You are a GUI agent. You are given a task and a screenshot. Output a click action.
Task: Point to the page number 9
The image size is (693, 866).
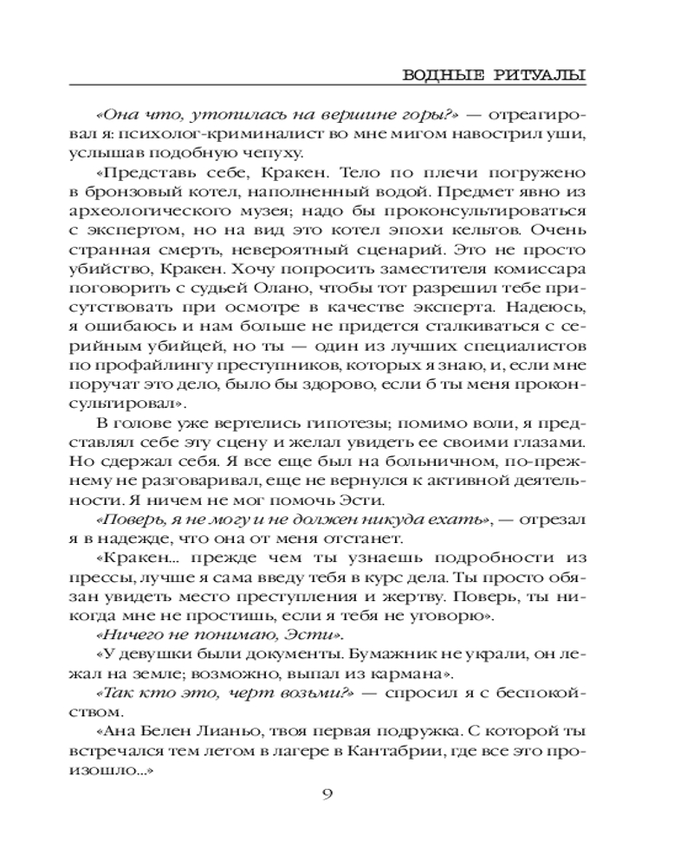coord(327,797)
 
